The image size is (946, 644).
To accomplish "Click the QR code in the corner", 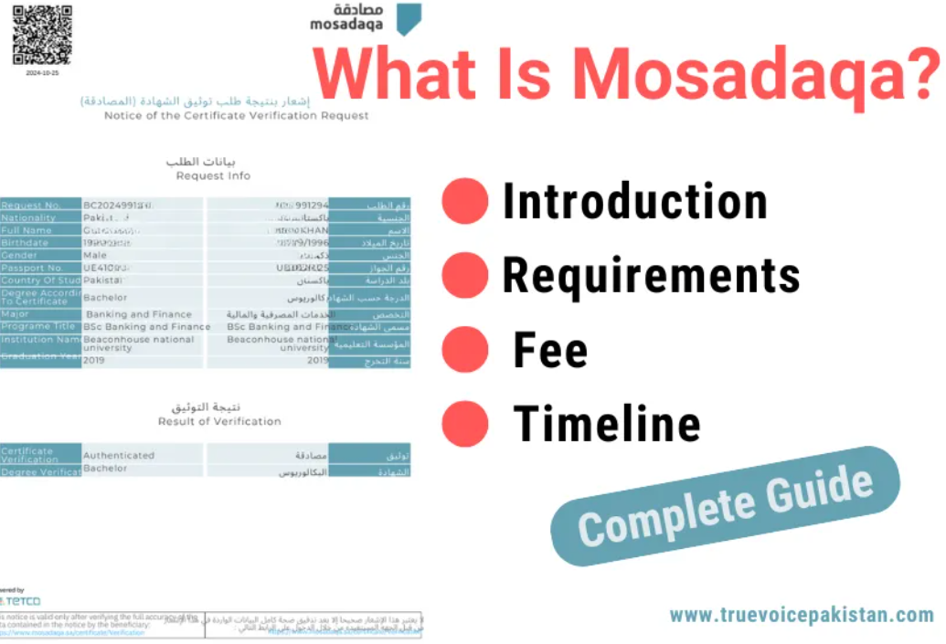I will click(x=42, y=35).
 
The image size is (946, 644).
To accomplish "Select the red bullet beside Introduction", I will click(x=465, y=201).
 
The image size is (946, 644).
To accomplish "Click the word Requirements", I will click(x=651, y=274).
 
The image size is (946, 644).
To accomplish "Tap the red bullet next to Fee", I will click(x=465, y=350).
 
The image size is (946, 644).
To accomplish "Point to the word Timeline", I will click(x=607, y=424).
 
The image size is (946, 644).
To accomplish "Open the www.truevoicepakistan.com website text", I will click(x=802, y=615).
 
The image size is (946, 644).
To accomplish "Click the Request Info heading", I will click(x=213, y=175).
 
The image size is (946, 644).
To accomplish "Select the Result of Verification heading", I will click(x=219, y=421).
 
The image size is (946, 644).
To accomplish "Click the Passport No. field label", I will click(x=32, y=269).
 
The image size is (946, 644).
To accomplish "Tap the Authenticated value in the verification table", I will click(x=119, y=455).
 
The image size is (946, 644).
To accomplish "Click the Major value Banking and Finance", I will click(x=139, y=314).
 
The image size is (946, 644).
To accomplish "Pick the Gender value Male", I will click(x=95, y=256).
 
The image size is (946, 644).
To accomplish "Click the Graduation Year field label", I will click(x=38, y=357).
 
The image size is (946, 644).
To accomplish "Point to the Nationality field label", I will click(x=28, y=218).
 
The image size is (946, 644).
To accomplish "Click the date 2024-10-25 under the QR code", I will click(x=42, y=72).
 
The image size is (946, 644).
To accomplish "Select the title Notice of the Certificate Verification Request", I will click(x=237, y=116).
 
